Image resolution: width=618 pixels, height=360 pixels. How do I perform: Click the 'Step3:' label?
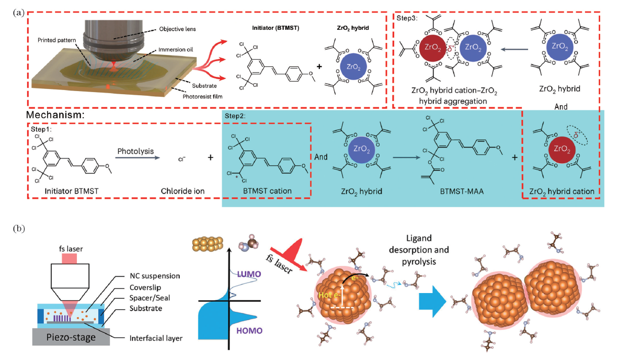(406, 18)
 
